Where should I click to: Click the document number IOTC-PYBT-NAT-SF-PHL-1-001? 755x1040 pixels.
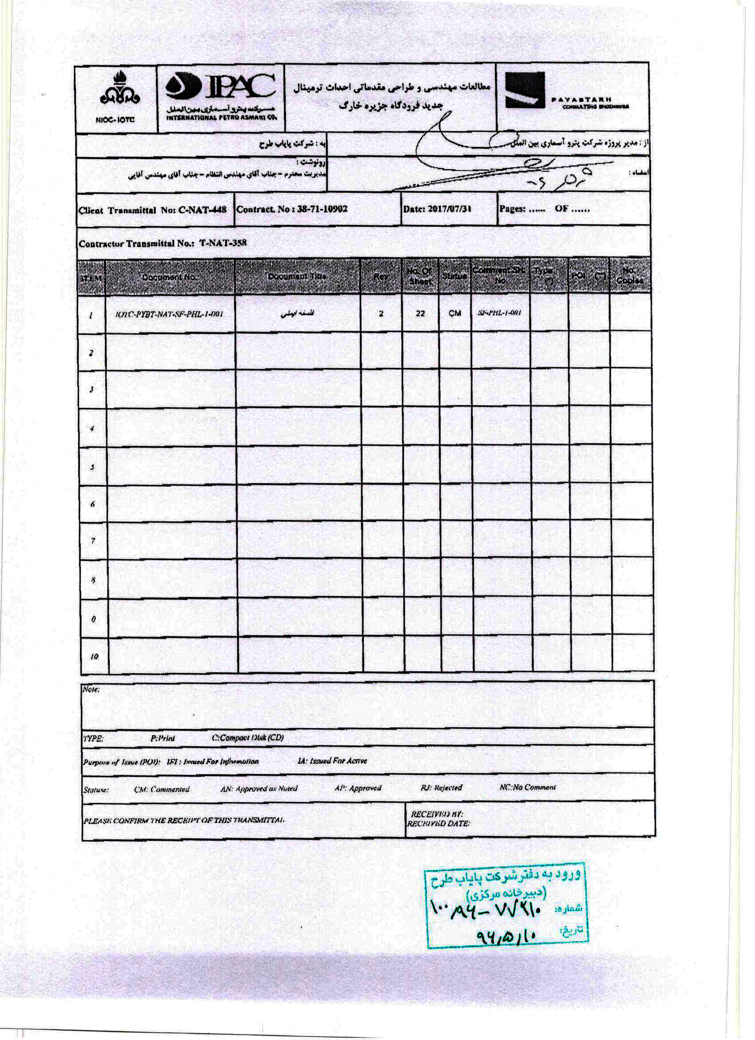coord(170,314)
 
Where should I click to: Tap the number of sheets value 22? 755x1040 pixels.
coord(420,314)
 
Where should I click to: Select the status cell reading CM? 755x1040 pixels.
coord(454,314)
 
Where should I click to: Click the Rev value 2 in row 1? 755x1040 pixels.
coord(381,314)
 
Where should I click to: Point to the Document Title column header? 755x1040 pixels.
coord(297,276)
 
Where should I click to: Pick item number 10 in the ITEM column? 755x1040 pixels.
coord(94,657)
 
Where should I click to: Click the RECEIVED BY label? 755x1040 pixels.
coord(437,814)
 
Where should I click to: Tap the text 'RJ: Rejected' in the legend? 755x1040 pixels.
coord(441,788)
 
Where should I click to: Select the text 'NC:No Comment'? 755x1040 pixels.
coord(528,788)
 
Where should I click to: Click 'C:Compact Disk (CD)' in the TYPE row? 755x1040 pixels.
coord(248,738)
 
